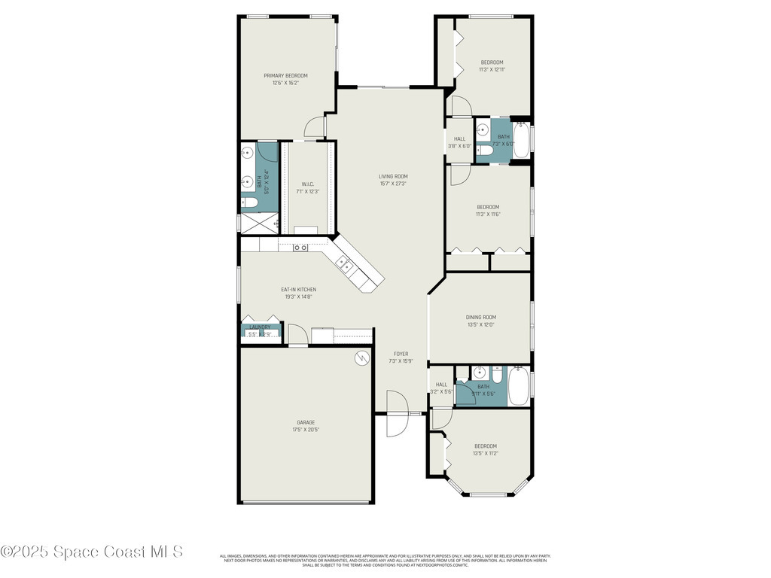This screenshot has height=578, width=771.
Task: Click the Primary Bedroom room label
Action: tap(285, 79)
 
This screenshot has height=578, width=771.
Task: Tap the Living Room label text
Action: tap(393, 180)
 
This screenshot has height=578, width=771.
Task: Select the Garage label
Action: tap(305, 426)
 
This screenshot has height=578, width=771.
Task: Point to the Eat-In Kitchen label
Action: tap(298, 293)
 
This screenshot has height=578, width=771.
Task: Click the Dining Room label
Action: tap(481, 321)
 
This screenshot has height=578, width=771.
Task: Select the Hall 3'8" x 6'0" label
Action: tap(459, 142)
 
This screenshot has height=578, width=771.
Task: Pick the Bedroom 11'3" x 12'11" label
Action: tap(492, 65)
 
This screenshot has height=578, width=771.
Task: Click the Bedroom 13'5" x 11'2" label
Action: tap(485, 449)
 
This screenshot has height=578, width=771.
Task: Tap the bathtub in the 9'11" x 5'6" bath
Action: tap(519, 386)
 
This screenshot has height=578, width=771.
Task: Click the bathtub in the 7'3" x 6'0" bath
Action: tap(521, 140)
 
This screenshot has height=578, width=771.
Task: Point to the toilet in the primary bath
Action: tap(250, 203)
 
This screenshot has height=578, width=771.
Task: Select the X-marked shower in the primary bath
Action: tap(254, 223)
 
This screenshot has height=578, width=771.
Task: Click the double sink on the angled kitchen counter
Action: tap(344, 263)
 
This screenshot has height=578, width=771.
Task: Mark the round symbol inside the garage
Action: tap(362, 359)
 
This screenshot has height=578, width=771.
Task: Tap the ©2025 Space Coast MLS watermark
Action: tap(92, 552)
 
